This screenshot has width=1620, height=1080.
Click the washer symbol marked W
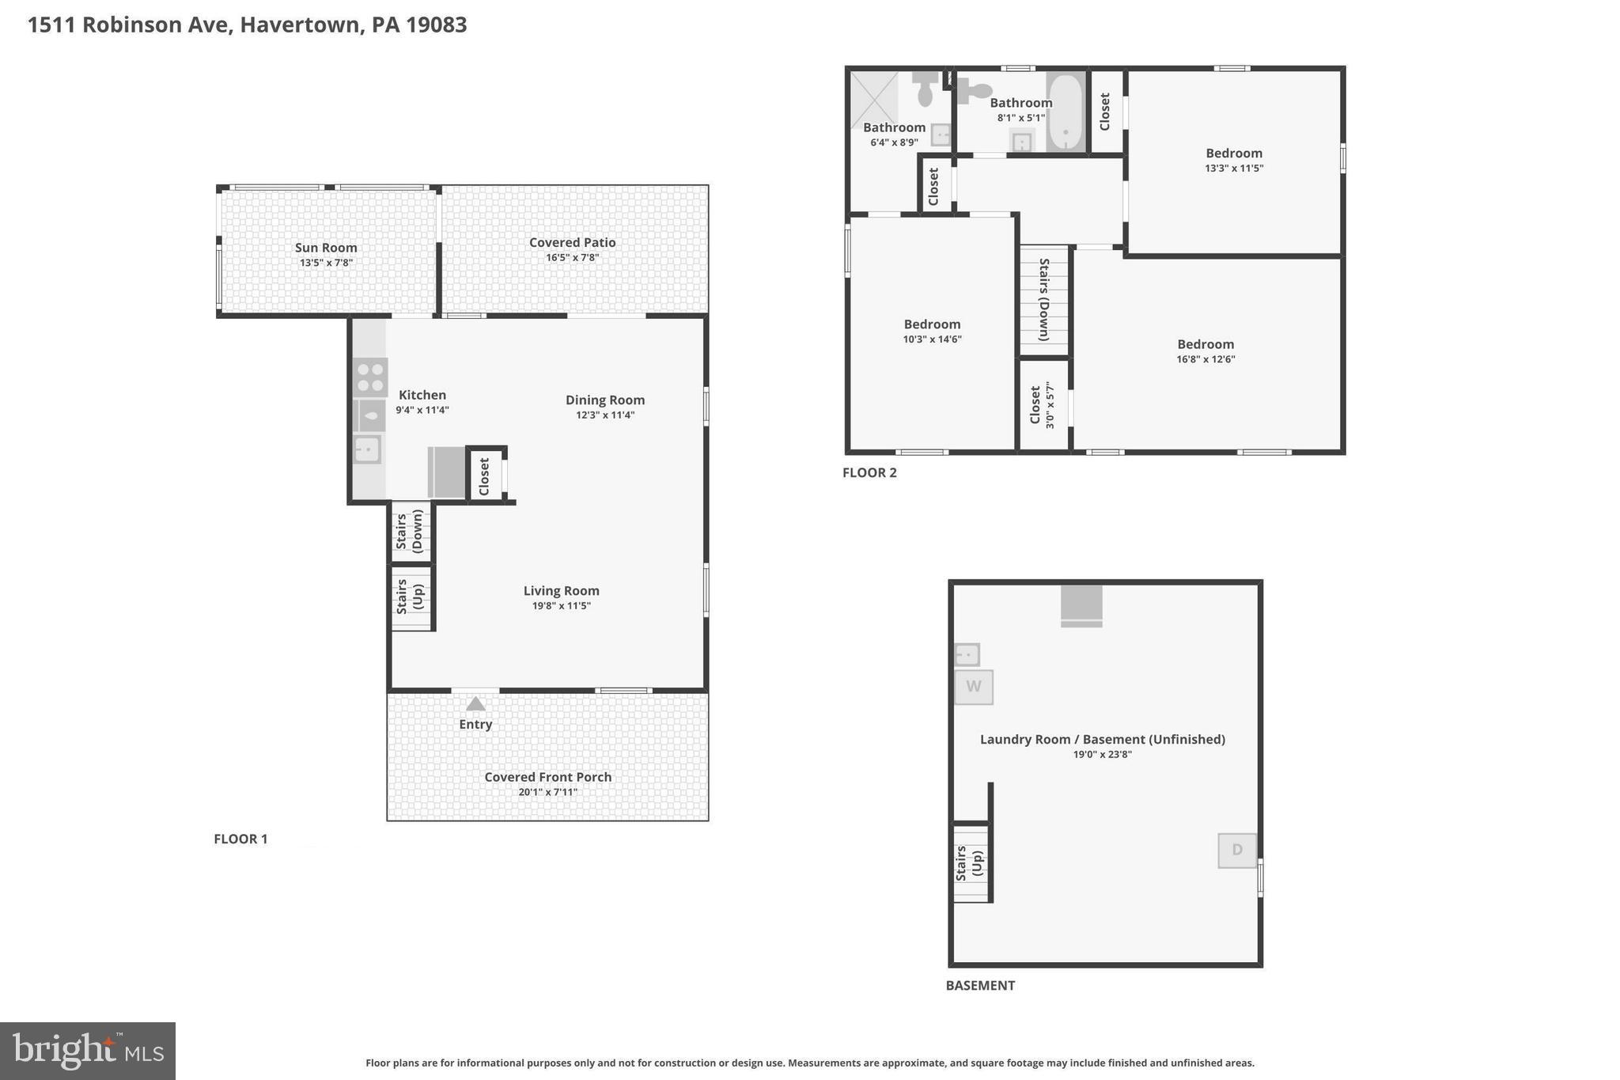click(x=973, y=687)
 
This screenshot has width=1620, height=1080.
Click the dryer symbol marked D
click(x=1236, y=850)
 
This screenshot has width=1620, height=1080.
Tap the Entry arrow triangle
click(x=475, y=703)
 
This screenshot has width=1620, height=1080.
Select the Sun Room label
click(x=326, y=248)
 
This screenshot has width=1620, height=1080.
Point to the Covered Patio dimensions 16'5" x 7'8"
click(x=572, y=258)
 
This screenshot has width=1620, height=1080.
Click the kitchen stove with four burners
click(x=370, y=377)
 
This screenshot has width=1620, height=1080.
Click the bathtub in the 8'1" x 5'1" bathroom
click(x=1065, y=112)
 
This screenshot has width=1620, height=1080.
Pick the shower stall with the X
click(x=874, y=100)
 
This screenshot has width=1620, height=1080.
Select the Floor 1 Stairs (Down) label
click(x=409, y=530)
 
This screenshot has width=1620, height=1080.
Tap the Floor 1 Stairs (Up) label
click(x=409, y=597)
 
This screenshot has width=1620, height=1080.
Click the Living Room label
click(x=561, y=590)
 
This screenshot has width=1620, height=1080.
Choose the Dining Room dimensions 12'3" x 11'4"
click(x=604, y=415)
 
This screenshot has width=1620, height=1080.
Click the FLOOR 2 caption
click(x=869, y=472)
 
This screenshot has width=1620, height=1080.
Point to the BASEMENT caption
click(x=979, y=985)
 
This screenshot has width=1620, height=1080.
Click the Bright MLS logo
click(x=88, y=1051)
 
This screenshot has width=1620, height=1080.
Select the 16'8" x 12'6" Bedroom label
click(x=1205, y=344)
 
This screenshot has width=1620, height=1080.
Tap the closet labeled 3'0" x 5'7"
click(x=1043, y=405)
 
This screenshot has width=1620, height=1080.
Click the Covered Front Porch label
click(x=547, y=777)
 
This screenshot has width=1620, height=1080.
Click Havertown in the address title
click(x=300, y=25)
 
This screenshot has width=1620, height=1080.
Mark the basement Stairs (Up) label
click(x=969, y=863)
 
